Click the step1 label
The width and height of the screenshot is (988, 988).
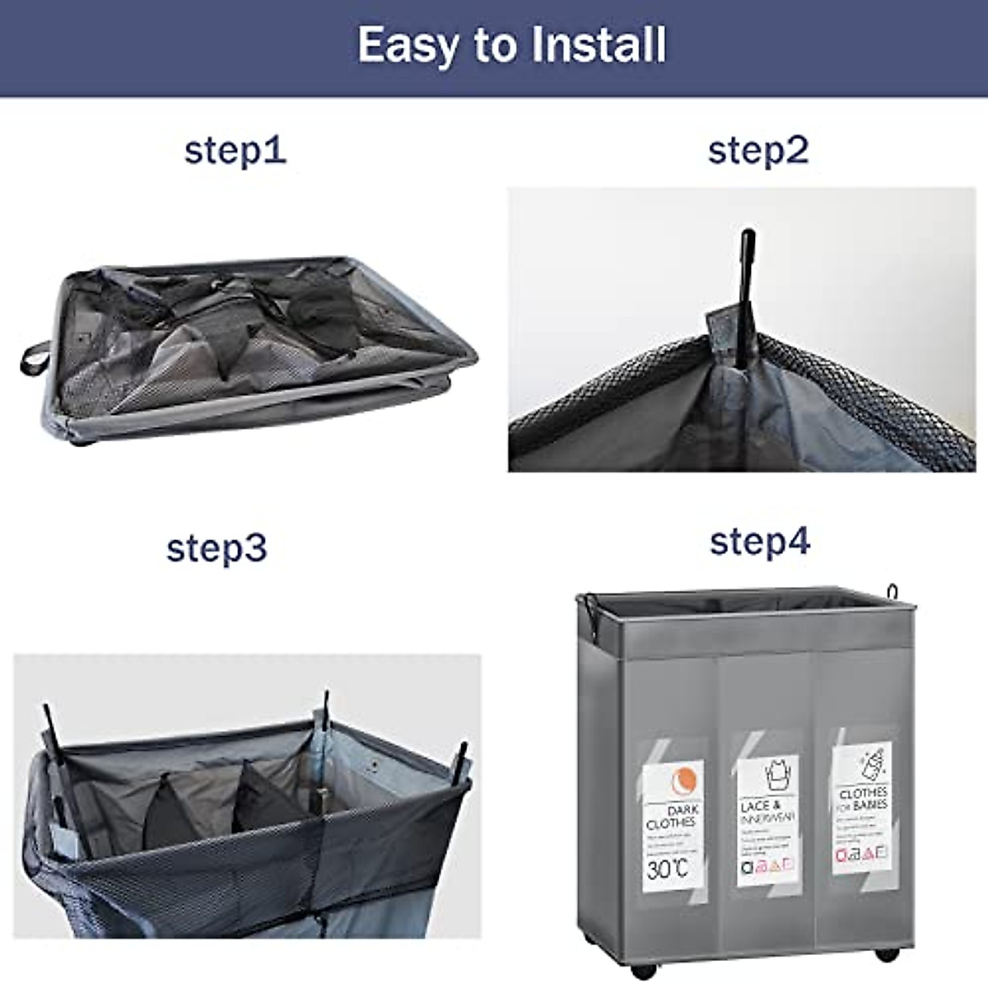[x=235, y=151]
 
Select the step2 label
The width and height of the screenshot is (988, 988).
[x=758, y=151]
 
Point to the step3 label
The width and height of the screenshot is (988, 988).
[x=217, y=548]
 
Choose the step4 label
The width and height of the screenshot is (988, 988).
[x=760, y=542]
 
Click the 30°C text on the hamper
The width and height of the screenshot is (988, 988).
[x=667, y=869]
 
